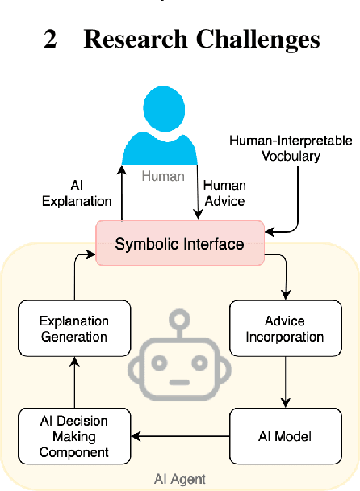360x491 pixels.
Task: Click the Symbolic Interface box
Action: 179,243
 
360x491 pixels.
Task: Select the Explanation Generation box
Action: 74,328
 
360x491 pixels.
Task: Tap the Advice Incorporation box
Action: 282,328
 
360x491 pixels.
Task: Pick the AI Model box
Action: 282,437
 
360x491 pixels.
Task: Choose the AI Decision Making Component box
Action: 74,437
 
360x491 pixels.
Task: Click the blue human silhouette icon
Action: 170,128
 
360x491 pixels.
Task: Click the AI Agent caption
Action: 179,479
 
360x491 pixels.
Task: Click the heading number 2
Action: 51,38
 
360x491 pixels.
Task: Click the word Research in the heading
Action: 133,38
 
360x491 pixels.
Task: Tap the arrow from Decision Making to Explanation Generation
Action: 74,381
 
